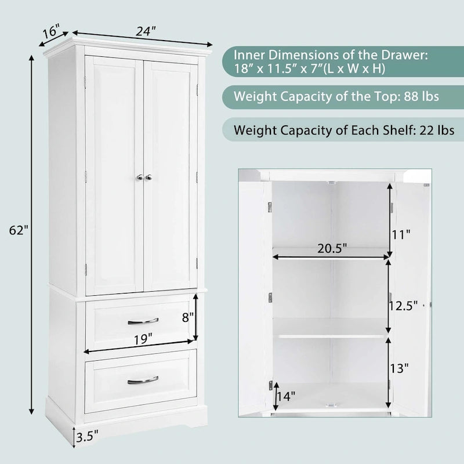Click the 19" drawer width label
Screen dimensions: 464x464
pos(141,337)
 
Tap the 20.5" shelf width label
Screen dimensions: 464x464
pos(332,249)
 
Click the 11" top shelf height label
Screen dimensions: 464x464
pos(401,235)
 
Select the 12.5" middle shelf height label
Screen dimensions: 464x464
pos(403,306)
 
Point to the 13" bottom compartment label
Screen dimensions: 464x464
pos(400,368)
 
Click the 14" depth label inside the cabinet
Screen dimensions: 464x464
pos(285,396)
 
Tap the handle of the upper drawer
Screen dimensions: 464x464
pos(143,320)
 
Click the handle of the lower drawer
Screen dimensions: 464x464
pos(143,380)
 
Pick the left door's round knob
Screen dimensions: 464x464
pos(140,177)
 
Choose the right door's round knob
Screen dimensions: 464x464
pos(148,177)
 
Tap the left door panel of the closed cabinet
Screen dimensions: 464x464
pos(114,174)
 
